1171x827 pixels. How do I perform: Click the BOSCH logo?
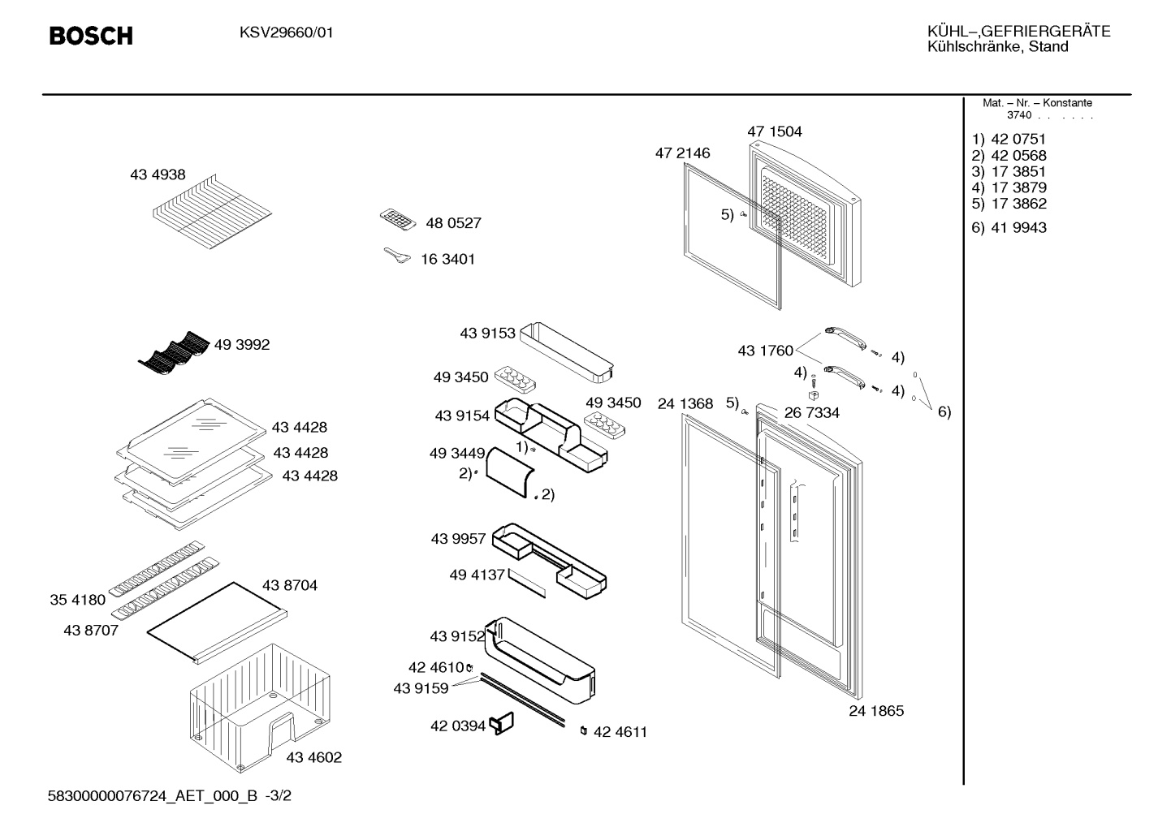coord(91,36)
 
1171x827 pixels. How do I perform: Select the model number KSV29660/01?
coord(287,32)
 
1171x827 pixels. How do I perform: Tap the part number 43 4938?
coord(158,174)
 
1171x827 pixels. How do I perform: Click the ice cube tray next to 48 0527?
coord(398,219)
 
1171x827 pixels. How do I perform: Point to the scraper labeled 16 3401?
coord(397,256)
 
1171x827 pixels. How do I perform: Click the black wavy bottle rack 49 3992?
coord(174,349)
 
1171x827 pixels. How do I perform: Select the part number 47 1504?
coord(774,131)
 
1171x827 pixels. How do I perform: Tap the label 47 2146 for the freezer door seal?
coord(683,153)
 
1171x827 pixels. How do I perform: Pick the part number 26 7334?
coord(812,413)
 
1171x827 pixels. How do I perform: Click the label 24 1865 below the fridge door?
coord(876,710)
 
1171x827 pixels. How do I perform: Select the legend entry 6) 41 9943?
coord(1009,228)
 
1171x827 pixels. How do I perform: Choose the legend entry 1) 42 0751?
coord(1009,140)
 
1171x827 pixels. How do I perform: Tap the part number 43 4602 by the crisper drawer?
coord(314,757)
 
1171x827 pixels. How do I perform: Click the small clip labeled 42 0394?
coord(501,724)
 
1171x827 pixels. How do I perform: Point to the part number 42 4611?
coord(620,732)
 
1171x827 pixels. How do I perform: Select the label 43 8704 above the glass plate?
coord(290,585)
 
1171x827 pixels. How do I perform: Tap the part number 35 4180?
coord(78,600)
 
